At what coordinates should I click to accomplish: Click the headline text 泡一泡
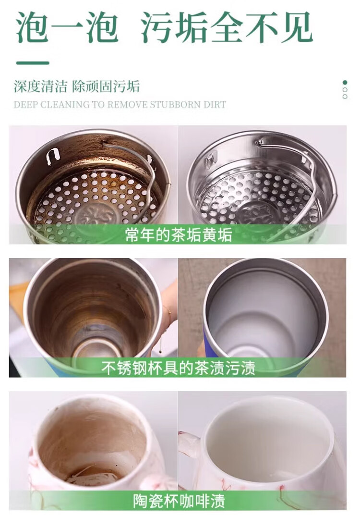(x=67, y=27)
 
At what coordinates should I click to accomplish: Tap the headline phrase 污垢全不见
(x=227, y=27)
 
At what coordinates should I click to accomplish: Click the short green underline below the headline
(x=33, y=63)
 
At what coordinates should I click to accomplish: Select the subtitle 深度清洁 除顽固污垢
(x=77, y=86)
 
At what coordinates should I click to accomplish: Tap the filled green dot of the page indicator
(x=345, y=82)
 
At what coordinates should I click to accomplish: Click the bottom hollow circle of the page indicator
(x=345, y=97)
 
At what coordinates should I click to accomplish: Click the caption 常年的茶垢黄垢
(x=179, y=234)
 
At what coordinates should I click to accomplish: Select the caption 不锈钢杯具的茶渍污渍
(x=178, y=368)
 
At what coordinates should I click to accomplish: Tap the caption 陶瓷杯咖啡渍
(x=179, y=501)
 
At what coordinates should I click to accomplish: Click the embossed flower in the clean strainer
(x=259, y=213)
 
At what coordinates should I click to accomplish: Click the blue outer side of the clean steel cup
(x=208, y=342)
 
